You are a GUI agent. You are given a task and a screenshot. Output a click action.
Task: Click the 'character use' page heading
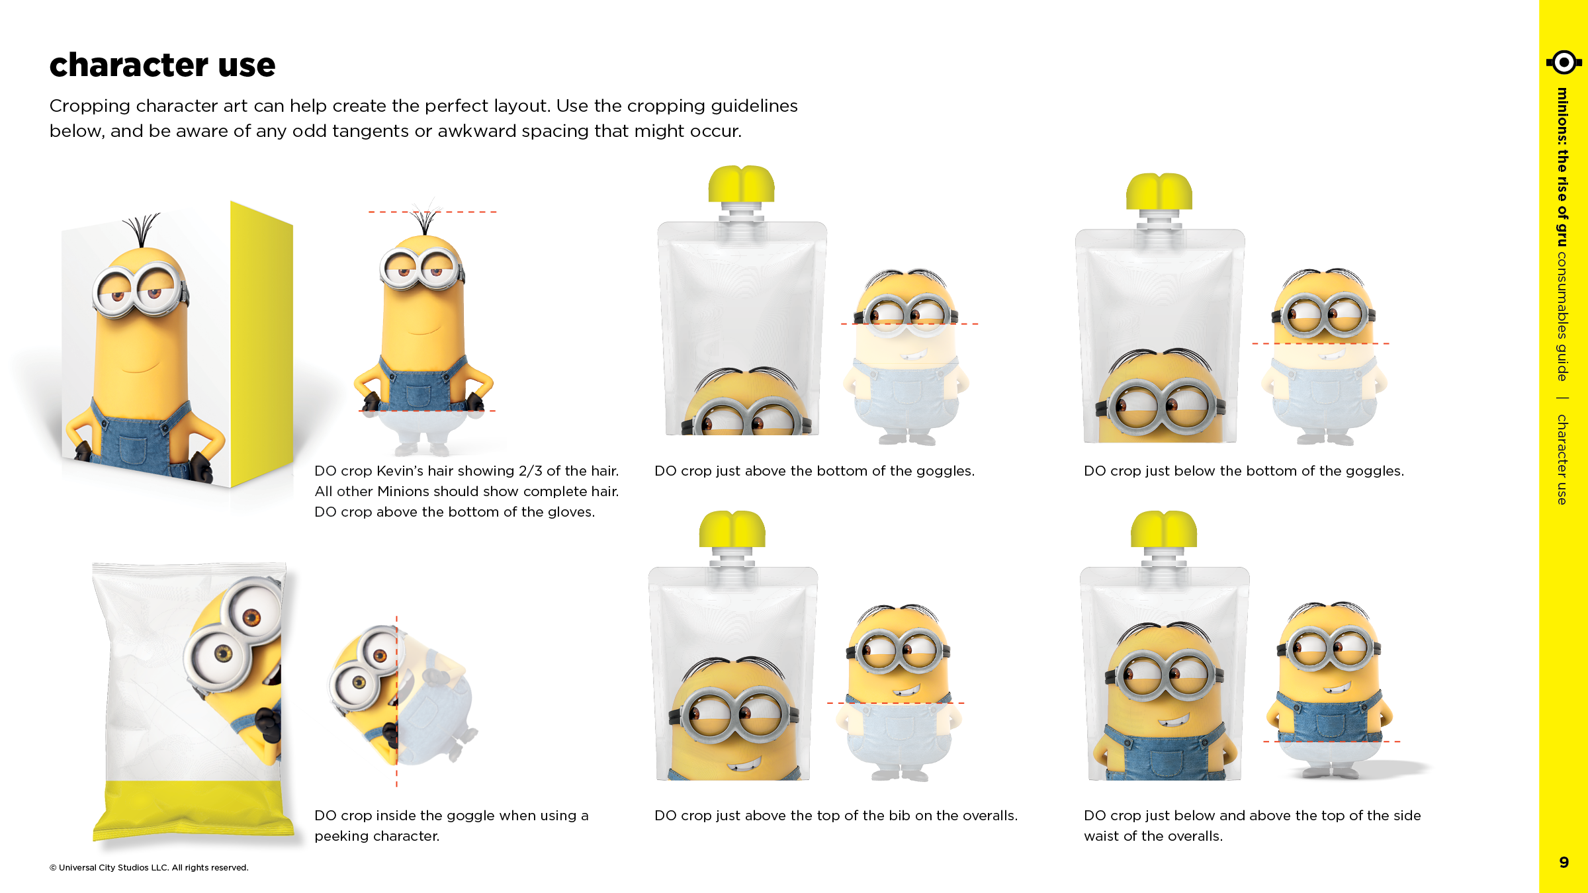point(162,65)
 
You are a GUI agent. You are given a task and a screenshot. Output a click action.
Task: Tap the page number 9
point(1564,862)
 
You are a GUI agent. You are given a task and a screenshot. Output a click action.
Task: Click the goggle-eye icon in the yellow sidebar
point(1564,63)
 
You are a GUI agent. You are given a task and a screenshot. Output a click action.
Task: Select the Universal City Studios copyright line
point(149,867)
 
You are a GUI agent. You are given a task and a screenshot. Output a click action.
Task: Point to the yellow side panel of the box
point(261,344)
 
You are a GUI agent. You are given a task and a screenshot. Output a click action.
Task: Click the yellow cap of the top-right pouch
point(1159,192)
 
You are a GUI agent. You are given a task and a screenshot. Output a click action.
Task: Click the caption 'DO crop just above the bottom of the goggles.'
point(814,471)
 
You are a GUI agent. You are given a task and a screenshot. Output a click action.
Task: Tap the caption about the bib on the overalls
point(836,816)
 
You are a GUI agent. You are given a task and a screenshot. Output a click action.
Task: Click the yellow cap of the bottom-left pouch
point(732,529)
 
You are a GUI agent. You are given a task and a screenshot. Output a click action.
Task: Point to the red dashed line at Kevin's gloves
point(427,411)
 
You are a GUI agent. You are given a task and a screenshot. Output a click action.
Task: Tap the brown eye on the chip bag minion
point(251,618)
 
